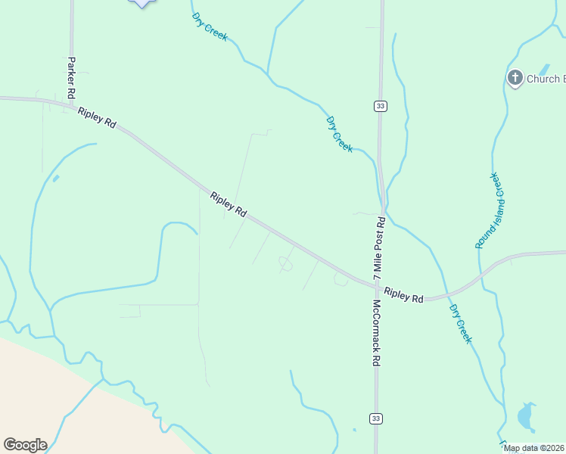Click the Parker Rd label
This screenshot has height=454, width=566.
tap(71, 78)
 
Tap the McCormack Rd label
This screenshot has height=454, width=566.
tap(375, 334)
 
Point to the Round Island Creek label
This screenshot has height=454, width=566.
tap(489, 211)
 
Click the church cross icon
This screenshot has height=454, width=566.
tap(515, 78)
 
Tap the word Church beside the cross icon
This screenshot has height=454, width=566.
tap(543, 79)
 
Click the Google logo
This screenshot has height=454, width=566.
tap(25, 445)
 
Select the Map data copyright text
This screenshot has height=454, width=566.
tap(534, 448)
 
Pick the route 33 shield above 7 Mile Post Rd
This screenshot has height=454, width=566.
tap(380, 106)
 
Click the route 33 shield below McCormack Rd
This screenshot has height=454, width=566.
tap(376, 418)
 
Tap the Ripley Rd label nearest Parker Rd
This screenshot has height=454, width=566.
tap(96, 117)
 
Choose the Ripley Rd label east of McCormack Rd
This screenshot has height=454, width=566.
tap(403, 295)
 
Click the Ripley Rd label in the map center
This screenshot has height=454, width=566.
tap(229, 205)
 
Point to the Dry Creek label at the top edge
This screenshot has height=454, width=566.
tap(210, 26)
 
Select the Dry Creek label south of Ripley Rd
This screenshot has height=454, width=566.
tap(460, 324)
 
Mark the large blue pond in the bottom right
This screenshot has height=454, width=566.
tap(525, 416)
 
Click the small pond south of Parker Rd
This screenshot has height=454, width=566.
tap(55, 179)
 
